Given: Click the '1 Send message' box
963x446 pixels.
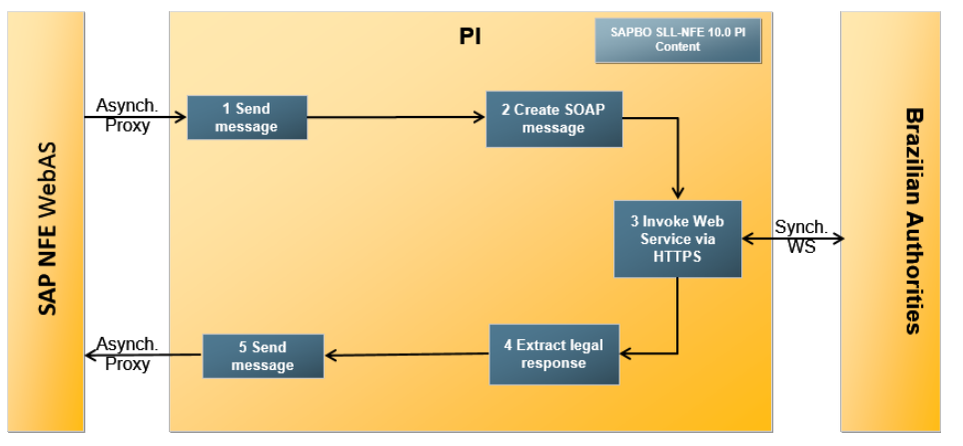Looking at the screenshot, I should pos(247,118).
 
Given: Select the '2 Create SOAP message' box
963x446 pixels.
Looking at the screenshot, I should pos(552,118).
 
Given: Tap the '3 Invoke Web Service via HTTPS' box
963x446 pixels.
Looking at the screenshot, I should pos(677,238).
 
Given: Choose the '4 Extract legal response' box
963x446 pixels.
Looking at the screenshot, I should pos(553,354).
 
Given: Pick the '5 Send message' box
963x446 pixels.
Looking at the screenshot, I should pos(263,356).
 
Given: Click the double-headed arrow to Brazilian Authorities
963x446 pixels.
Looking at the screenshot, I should pos(793,238).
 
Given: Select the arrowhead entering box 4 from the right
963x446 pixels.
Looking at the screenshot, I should pos(625,354).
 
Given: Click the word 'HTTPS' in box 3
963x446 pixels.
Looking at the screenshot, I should pos(678,257).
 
